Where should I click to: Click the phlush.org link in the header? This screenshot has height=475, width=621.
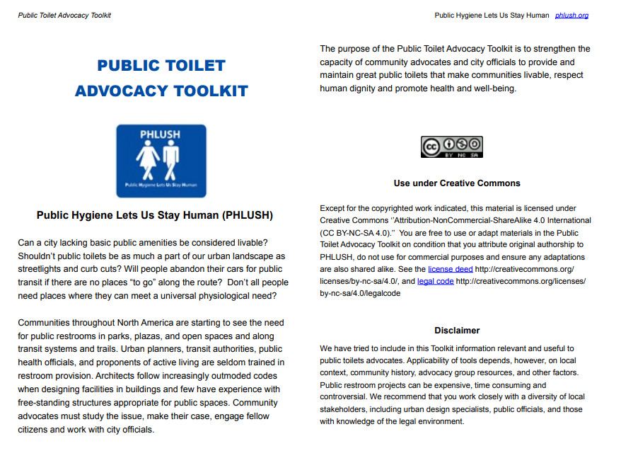click(x=571, y=15)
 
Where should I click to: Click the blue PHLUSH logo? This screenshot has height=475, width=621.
click(x=161, y=161)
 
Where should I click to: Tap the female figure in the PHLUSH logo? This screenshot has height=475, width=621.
click(x=149, y=160)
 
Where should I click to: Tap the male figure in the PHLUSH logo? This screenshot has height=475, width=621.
click(x=171, y=160)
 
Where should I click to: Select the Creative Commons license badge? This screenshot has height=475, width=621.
click(x=452, y=147)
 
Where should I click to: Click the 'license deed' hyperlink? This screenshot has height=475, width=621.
click(x=451, y=270)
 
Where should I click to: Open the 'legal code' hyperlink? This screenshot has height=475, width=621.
click(x=435, y=281)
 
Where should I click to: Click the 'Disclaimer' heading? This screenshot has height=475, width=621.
click(x=457, y=331)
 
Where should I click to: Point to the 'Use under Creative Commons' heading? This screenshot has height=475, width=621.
click(x=457, y=183)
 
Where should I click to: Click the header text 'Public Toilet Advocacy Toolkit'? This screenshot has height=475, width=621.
click(x=64, y=15)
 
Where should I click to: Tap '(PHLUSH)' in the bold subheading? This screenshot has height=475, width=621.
click(x=247, y=215)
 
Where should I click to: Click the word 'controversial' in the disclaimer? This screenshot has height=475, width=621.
click(x=347, y=397)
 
